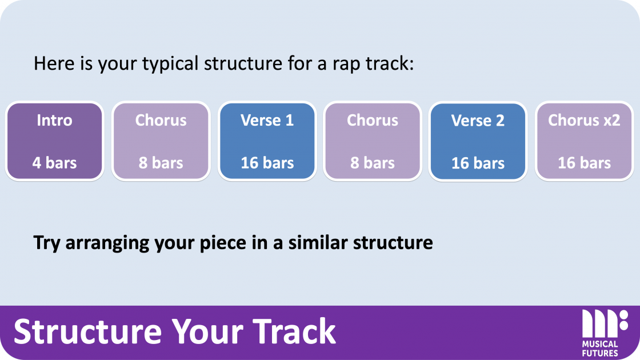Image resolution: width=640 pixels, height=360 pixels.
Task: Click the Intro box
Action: click(54, 141)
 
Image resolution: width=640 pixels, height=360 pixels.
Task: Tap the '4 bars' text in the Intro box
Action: click(54, 163)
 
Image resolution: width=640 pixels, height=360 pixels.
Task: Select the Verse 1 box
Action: click(267, 141)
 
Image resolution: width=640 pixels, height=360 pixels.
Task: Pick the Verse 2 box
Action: click(478, 141)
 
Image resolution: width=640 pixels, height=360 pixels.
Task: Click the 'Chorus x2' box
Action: click(584, 141)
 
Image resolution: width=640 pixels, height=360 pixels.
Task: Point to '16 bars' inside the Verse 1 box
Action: click(267, 163)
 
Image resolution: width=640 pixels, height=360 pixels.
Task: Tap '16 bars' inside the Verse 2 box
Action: click(478, 163)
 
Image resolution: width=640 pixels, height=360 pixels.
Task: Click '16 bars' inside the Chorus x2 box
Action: click(584, 163)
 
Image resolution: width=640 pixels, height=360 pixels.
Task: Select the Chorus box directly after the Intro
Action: click(161, 141)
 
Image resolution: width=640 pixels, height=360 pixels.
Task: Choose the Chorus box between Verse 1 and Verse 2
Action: click(372, 141)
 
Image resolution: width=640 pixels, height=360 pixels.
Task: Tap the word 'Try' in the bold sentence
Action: click(47, 243)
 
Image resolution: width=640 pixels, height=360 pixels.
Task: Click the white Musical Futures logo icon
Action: click(604, 323)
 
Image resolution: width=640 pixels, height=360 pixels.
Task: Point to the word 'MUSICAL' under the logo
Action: click(600, 345)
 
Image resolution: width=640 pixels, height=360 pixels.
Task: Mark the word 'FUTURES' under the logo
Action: click(600, 353)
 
